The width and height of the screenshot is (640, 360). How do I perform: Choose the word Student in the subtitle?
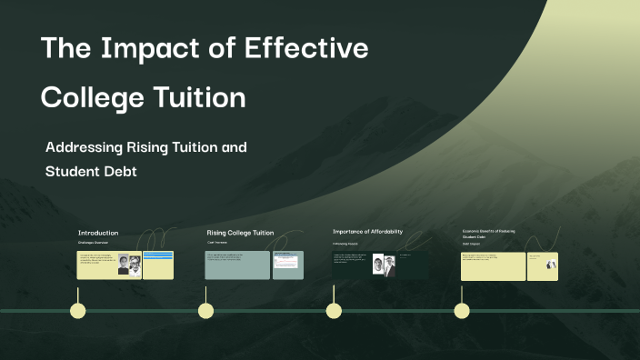click(x=71, y=171)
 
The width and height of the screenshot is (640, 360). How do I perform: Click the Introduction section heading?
click(x=97, y=233)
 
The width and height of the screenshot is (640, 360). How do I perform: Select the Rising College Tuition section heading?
click(x=240, y=233)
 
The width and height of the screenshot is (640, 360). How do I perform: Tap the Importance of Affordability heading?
click(x=367, y=232)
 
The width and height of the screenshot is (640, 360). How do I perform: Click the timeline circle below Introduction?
click(x=78, y=311)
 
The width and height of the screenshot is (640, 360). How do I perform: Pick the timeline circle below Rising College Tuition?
click(x=206, y=311)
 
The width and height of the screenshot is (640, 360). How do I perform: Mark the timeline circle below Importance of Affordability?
click(x=334, y=311)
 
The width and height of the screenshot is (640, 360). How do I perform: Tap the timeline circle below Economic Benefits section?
click(x=462, y=311)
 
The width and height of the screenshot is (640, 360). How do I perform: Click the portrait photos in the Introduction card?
click(x=128, y=266)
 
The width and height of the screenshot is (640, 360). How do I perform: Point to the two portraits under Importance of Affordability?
click(x=384, y=266)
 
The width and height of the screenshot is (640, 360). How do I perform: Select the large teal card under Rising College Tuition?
click(x=237, y=265)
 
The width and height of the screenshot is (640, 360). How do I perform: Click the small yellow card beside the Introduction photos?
click(x=158, y=265)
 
